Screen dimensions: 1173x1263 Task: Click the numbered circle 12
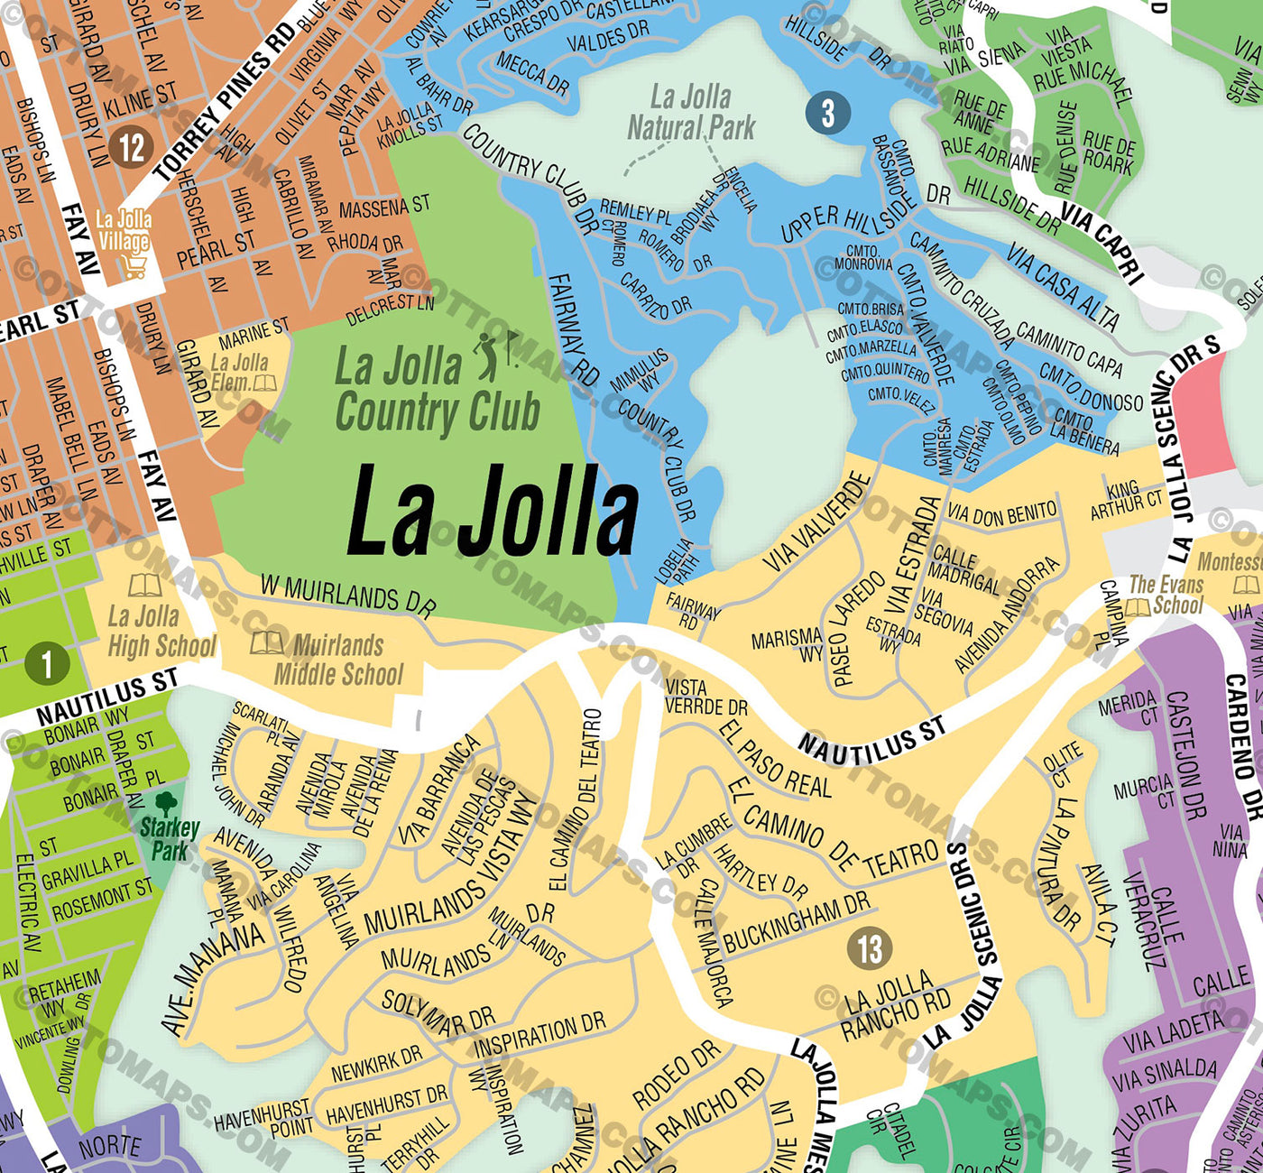tap(132, 146)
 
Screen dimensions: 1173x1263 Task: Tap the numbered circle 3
tap(827, 114)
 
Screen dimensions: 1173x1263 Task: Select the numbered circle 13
tap(870, 948)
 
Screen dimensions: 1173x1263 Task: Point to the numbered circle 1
tap(47, 664)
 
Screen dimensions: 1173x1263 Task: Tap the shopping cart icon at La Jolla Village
tap(134, 267)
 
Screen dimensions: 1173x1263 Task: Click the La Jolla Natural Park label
tap(691, 112)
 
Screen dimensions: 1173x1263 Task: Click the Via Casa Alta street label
tap(1063, 286)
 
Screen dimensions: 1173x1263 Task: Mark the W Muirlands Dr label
tap(348, 596)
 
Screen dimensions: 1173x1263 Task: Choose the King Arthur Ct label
tap(1126, 499)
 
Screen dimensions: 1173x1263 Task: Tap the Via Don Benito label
tap(1001, 513)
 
